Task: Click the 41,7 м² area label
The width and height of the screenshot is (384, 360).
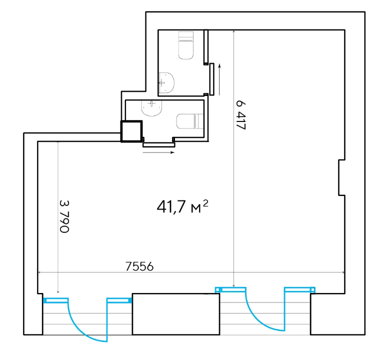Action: pos(182,207)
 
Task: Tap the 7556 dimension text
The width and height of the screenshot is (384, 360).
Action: pos(139,266)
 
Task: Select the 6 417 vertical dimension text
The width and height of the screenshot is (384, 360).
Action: pos(240,114)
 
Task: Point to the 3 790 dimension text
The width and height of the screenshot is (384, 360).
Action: pos(64,216)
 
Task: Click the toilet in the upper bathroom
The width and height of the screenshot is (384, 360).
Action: pos(186,45)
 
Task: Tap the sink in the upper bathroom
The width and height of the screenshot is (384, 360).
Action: pos(166,84)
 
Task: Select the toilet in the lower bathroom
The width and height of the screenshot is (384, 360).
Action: pos(190,121)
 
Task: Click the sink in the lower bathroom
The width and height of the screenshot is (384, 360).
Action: pos(151,108)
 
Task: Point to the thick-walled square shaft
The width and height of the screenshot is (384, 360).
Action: pos(131,131)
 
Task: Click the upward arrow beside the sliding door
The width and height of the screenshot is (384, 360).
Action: pos(219,79)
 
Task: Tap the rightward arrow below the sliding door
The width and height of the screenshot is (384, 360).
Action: pos(158,152)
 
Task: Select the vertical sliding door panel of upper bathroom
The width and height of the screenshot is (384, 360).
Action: pos(211,79)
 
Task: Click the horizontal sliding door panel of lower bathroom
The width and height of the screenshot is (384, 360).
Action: pos(159,144)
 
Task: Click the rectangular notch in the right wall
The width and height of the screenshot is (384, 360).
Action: pos(342,177)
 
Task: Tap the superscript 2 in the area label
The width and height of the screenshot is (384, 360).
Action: pos(205,203)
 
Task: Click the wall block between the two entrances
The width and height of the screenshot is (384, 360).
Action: pos(176,314)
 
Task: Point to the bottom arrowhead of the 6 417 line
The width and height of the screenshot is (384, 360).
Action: pos(234,285)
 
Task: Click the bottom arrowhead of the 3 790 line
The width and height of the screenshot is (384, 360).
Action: pos(58,291)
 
